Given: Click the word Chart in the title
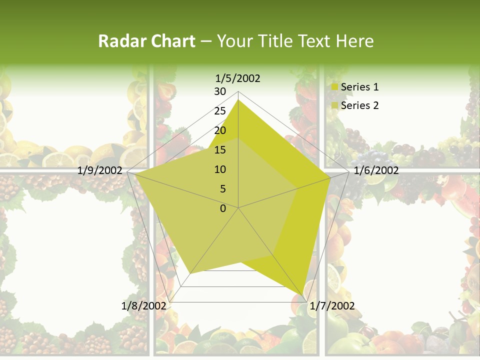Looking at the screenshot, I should [170, 41].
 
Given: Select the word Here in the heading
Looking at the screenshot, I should [354, 41].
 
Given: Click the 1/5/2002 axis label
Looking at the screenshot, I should [237, 78].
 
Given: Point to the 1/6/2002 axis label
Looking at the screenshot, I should [376, 170].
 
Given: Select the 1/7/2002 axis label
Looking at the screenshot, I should [332, 305].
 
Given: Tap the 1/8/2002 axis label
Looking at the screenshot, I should [143, 305].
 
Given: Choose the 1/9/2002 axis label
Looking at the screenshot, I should [100, 170].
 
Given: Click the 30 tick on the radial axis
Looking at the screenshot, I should [220, 91].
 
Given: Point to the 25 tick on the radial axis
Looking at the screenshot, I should [220, 111].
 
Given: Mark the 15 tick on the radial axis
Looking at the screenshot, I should [220, 150].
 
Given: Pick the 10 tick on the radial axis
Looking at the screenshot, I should [220, 169].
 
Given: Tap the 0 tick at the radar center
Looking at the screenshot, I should [223, 208].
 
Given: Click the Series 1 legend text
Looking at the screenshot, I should [359, 87].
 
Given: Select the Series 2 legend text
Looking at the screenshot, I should [359, 105].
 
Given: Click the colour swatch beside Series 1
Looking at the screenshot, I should [335, 87].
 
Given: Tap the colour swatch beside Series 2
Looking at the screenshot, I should [335, 106].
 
